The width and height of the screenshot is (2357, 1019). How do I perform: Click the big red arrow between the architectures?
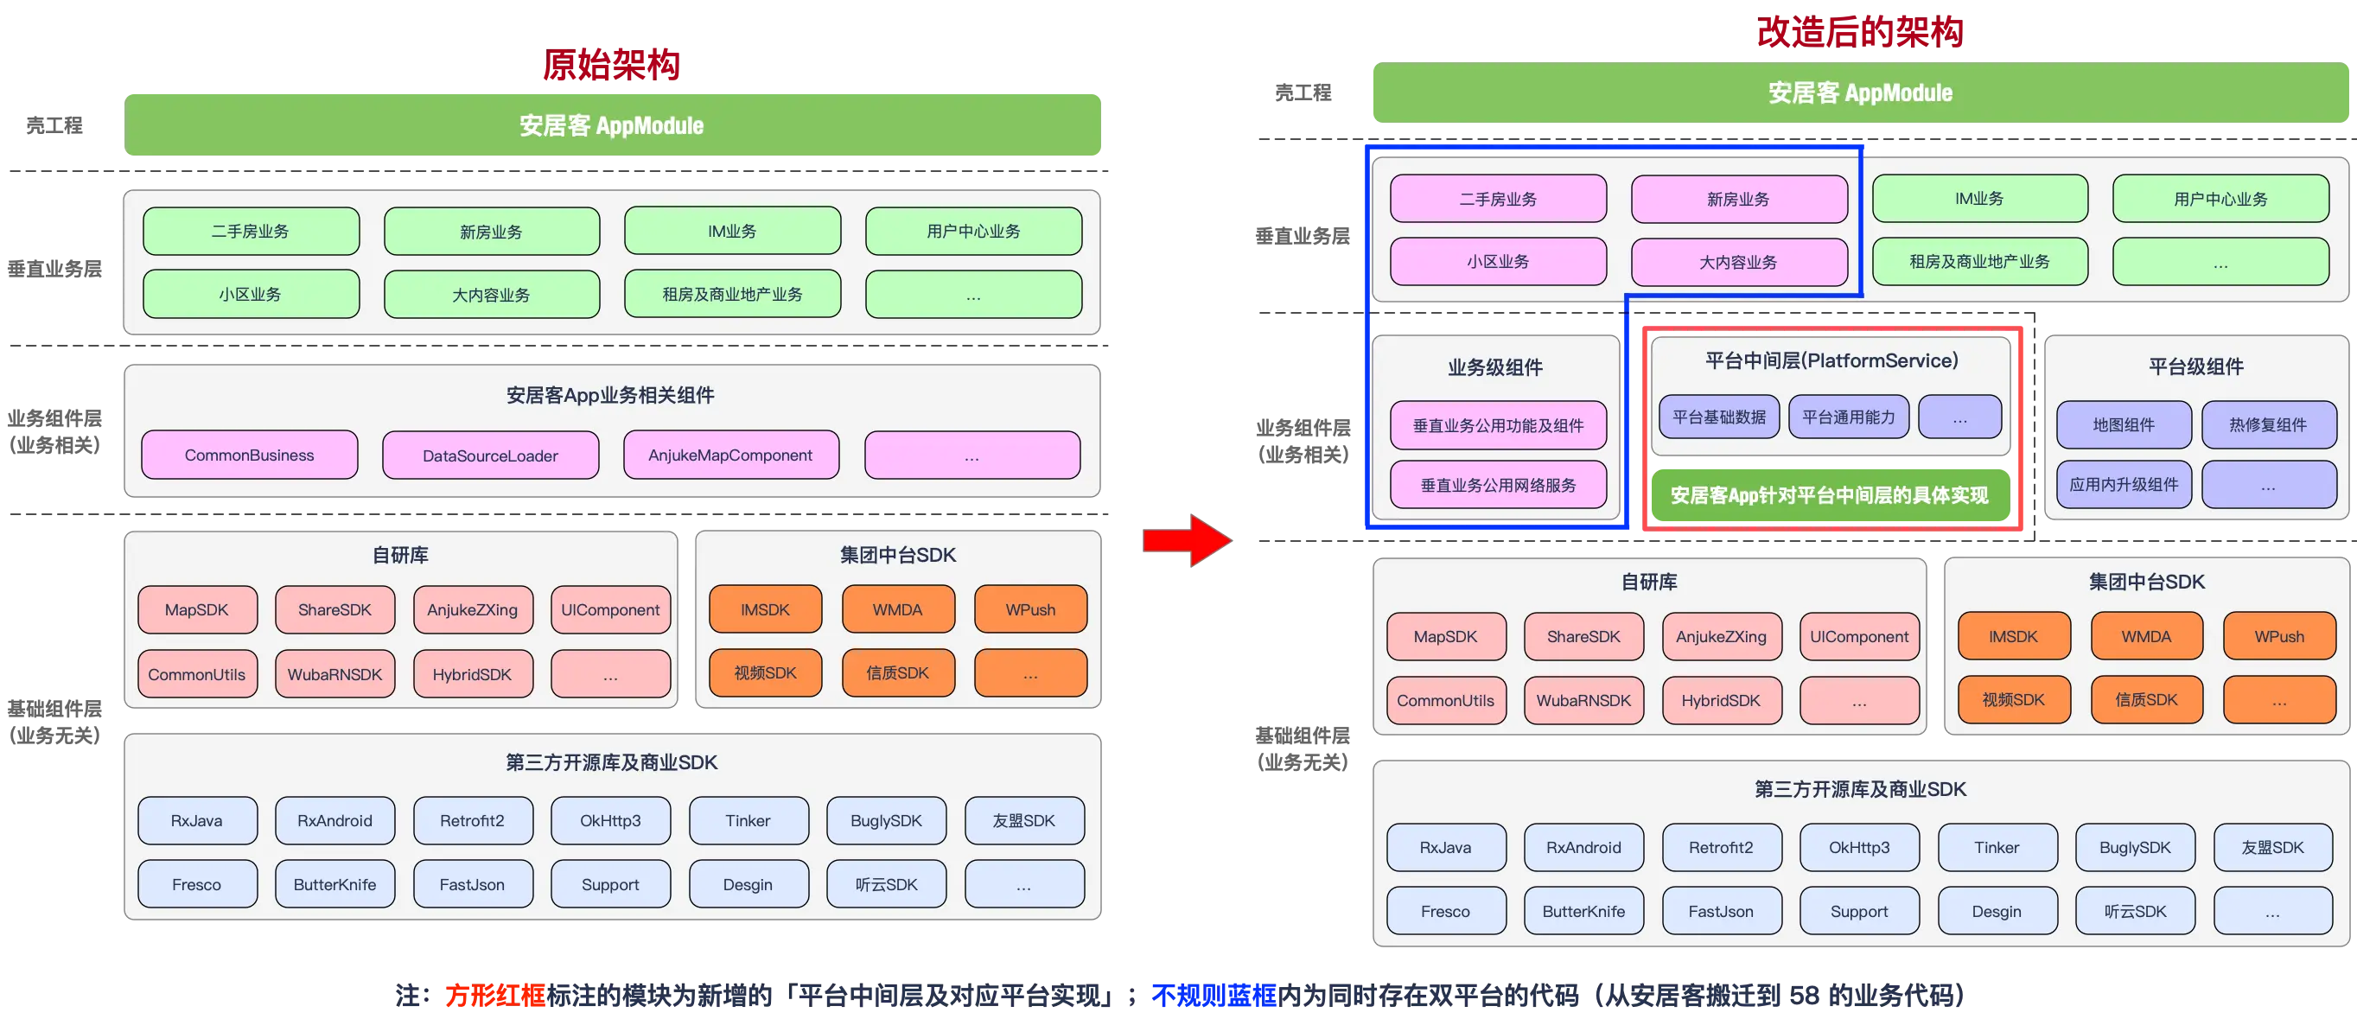[x=1188, y=542]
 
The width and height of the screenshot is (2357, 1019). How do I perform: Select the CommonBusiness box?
[x=249, y=455]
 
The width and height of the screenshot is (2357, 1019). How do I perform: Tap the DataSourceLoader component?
[x=490, y=455]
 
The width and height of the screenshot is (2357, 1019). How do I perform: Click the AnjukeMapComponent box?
[x=730, y=455]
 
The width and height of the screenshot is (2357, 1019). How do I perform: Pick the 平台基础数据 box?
[x=1719, y=417]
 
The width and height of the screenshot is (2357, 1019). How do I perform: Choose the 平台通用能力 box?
[x=1848, y=417]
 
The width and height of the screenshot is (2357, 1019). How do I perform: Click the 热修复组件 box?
[x=2267, y=424]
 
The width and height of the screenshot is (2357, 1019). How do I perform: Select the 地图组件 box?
[x=2123, y=424]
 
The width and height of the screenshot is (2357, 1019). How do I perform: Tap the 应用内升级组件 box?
[x=2123, y=485]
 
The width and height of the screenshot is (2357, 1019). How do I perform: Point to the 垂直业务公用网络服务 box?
[x=1498, y=485]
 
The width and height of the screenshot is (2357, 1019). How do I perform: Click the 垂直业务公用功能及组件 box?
[x=1498, y=425]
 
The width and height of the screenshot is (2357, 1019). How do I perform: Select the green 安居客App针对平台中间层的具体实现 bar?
[x=1829, y=496]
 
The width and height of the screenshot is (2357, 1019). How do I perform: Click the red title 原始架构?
[x=611, y=64]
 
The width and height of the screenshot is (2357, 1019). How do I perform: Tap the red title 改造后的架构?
[x=1859, y=31]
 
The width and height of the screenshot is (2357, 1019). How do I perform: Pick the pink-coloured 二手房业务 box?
[x=1498, y=199]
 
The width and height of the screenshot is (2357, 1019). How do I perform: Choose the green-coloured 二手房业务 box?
[x=250, y=232]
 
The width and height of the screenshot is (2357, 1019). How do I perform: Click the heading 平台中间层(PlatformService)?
[x=1831, y=360]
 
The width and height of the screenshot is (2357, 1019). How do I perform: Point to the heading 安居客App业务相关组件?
[x=610, y=395]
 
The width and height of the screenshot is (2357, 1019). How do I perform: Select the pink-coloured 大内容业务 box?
[x=1737, y=263]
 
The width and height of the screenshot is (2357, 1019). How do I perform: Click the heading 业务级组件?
[x=1495, y=367]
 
